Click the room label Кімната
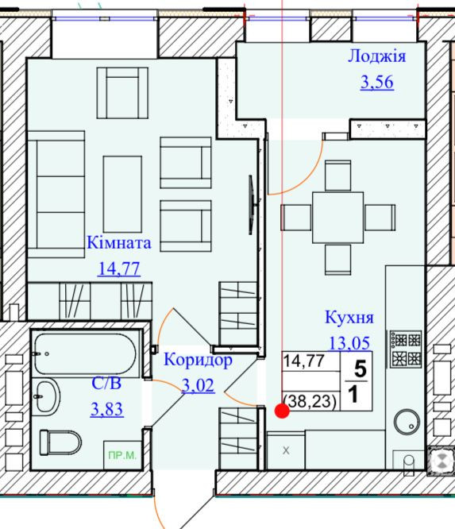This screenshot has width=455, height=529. (119, 242)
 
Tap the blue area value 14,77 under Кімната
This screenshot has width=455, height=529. (119, 269)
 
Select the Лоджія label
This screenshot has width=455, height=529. (376, 56)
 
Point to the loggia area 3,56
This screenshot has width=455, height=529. (376, 82)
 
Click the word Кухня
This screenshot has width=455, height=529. (349, 317)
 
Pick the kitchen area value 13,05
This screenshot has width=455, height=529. (349, 343)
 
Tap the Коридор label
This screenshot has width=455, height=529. (198, 360)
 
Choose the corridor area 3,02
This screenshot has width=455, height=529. (198, 385)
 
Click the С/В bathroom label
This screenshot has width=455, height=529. (106, 384)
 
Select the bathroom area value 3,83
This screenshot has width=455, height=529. (107, 409)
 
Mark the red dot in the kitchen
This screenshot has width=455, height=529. (282, 411)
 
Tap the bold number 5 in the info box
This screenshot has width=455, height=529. (361, 369)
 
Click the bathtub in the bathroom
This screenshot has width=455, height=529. (85, 353)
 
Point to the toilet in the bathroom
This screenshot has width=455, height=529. (60, 442)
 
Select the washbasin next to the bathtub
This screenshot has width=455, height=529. (46, 397)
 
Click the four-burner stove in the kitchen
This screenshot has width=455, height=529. (406, 349)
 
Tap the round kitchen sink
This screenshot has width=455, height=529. (407, 422)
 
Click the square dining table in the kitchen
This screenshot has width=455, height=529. (338, 218)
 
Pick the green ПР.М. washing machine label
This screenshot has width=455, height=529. (122, 455)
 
